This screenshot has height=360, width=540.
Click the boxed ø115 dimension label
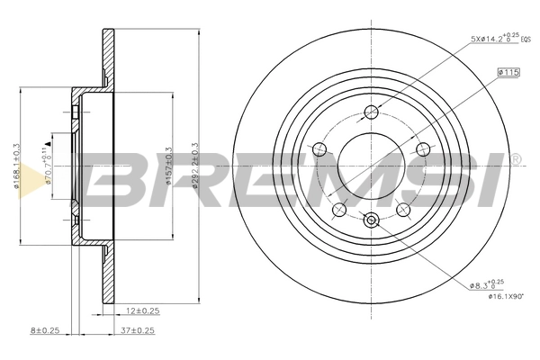(508, 72)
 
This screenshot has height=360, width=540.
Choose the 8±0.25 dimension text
(44, 329)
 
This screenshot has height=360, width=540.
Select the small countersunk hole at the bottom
(371, 219)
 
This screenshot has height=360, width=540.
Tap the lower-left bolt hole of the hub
(339, 211)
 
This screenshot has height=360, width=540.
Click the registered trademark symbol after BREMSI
(515, 159)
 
